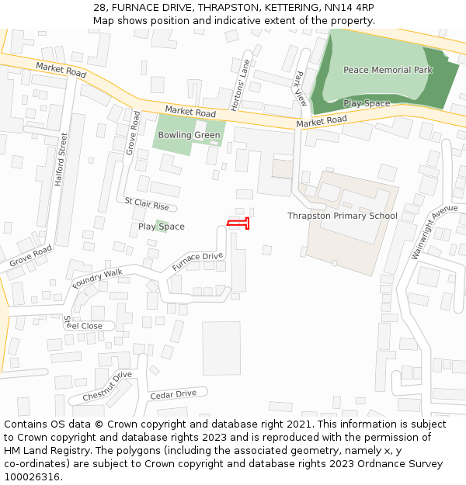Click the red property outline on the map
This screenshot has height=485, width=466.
(238, 223)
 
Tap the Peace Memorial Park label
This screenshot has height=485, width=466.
(388, 70)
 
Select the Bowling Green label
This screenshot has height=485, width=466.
(189, 135)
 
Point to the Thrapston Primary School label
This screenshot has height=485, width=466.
(342, 216)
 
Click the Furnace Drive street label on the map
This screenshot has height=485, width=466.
(197, 262)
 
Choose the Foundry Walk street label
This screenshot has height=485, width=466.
(98, 278)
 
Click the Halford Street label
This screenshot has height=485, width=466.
(61, 159)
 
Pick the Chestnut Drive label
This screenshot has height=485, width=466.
(107, 386)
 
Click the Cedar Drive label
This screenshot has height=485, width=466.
(173, 393)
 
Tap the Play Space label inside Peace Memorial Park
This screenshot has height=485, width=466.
(367, 103)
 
